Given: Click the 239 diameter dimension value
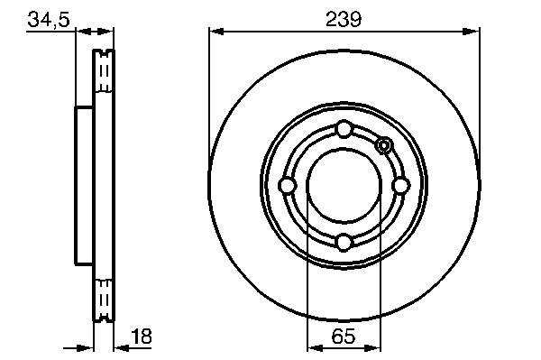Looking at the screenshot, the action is point(344,19).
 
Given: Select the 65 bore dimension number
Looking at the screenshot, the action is point(344,336).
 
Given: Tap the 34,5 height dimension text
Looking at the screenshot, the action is point(49,20).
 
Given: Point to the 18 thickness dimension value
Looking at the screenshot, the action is point(142,337).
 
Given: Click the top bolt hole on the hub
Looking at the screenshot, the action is point(344,129).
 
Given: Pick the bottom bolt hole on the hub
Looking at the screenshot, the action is point(344,242).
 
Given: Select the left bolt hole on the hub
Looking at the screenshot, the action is point(287,186).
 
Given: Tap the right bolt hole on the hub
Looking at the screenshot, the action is point(400,186).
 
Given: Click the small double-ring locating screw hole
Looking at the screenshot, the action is point(384,145).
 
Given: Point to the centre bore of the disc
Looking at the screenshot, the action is point(344,186).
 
